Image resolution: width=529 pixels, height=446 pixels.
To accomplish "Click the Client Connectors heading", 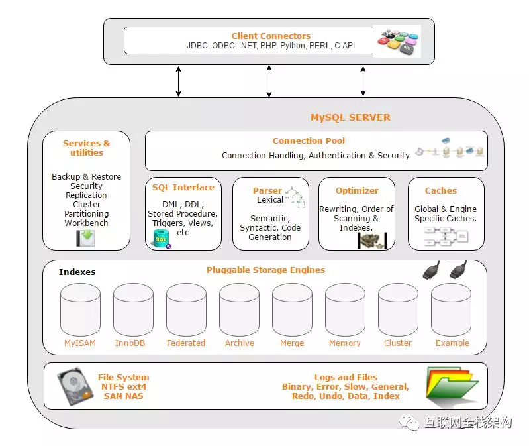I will click(x=271, y=36).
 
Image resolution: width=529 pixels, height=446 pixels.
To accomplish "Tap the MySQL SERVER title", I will click(x=350, y=117).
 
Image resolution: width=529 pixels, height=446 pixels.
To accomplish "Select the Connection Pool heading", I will click(x=309, y=141).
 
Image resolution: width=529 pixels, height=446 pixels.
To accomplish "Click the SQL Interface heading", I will click(x=183, y=188).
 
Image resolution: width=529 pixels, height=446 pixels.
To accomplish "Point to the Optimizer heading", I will click(x=357, y=190).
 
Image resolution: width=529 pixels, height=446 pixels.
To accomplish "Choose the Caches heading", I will click(x=440, y=190).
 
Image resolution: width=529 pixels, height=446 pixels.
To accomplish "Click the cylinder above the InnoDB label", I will click(x=133, y=309).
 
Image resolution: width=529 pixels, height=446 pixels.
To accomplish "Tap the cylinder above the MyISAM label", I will click(x=80, y=309).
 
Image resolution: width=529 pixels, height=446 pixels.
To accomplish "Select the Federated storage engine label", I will click(x=186, y=343).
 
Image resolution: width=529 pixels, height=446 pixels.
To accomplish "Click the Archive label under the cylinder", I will click(x=239, y=343).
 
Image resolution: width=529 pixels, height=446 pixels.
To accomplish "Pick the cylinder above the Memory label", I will click(x=345, y=309).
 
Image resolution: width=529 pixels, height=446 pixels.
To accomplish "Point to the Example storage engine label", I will click(x=452, y=343).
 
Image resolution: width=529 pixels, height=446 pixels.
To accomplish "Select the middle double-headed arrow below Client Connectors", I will click(x=269, y=82).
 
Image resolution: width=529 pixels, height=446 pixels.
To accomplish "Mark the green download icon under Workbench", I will click(x=85, y=238).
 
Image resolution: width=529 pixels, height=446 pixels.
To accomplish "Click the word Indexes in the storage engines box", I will click(x=77, y=272).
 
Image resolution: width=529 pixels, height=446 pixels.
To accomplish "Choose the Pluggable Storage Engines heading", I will click(x=265, y=270).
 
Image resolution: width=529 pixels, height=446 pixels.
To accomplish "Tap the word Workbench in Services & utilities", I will click(x=86, y=223).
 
